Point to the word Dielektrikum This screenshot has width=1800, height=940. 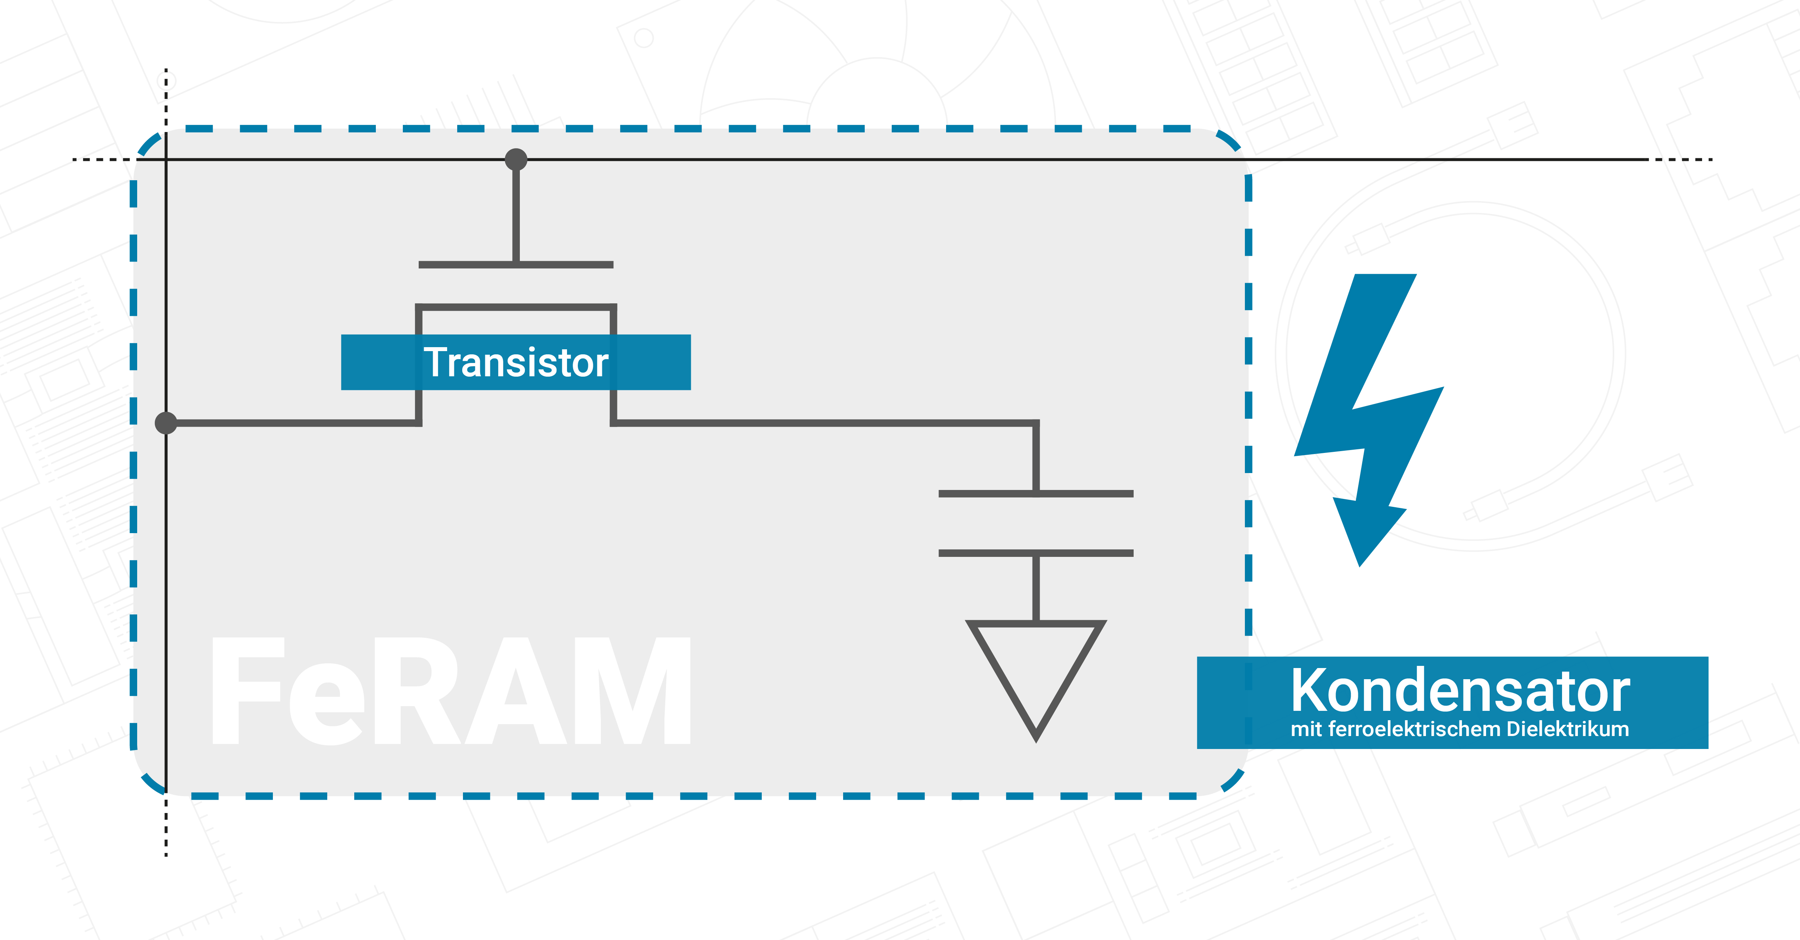[1567, 729]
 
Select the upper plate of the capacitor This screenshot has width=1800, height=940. [1036, 494]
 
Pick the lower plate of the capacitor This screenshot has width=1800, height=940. [1036, 553]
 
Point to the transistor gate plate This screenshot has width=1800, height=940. [516, 265]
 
